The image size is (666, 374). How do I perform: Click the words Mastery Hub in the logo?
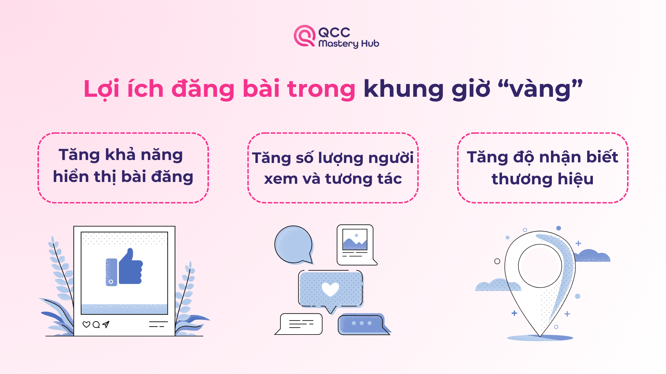[349, 44]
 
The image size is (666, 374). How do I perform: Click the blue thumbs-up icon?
[124, 267]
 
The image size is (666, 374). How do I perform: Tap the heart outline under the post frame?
[86, 324]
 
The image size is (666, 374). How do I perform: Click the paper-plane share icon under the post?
[106, 324]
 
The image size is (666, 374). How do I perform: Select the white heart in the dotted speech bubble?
[330, 289]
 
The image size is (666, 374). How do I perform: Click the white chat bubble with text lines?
[299, 324]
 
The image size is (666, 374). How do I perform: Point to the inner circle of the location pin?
[540, 266]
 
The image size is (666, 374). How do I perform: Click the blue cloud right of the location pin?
[592, 256]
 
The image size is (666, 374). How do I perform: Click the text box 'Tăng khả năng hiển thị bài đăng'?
[123, 168]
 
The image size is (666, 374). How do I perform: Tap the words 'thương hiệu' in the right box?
[543, 179]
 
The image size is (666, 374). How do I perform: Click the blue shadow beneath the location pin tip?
[540, 338]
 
